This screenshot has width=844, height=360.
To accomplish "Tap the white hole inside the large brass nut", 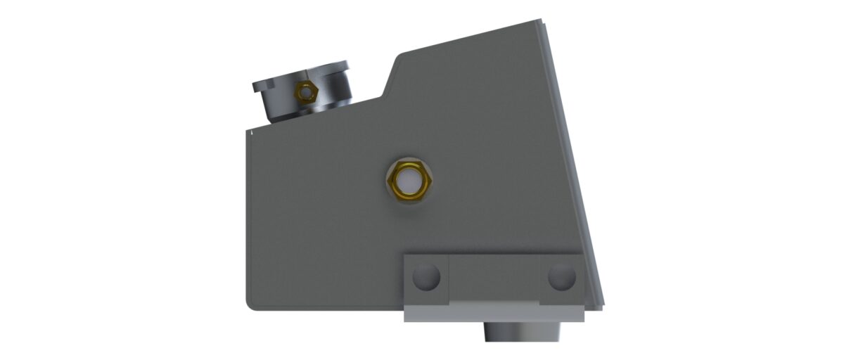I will (409, 179).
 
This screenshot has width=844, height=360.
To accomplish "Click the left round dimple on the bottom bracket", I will (426, 276).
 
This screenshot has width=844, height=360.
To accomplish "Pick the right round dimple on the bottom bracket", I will (561, 276).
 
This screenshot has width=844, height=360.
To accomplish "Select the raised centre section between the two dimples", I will (494, 278).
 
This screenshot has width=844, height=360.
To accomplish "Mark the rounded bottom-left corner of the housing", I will (250, 303).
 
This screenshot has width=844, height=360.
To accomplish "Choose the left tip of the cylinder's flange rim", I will (254, 87).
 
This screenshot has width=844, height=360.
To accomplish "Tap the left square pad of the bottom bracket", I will (426, 278).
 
